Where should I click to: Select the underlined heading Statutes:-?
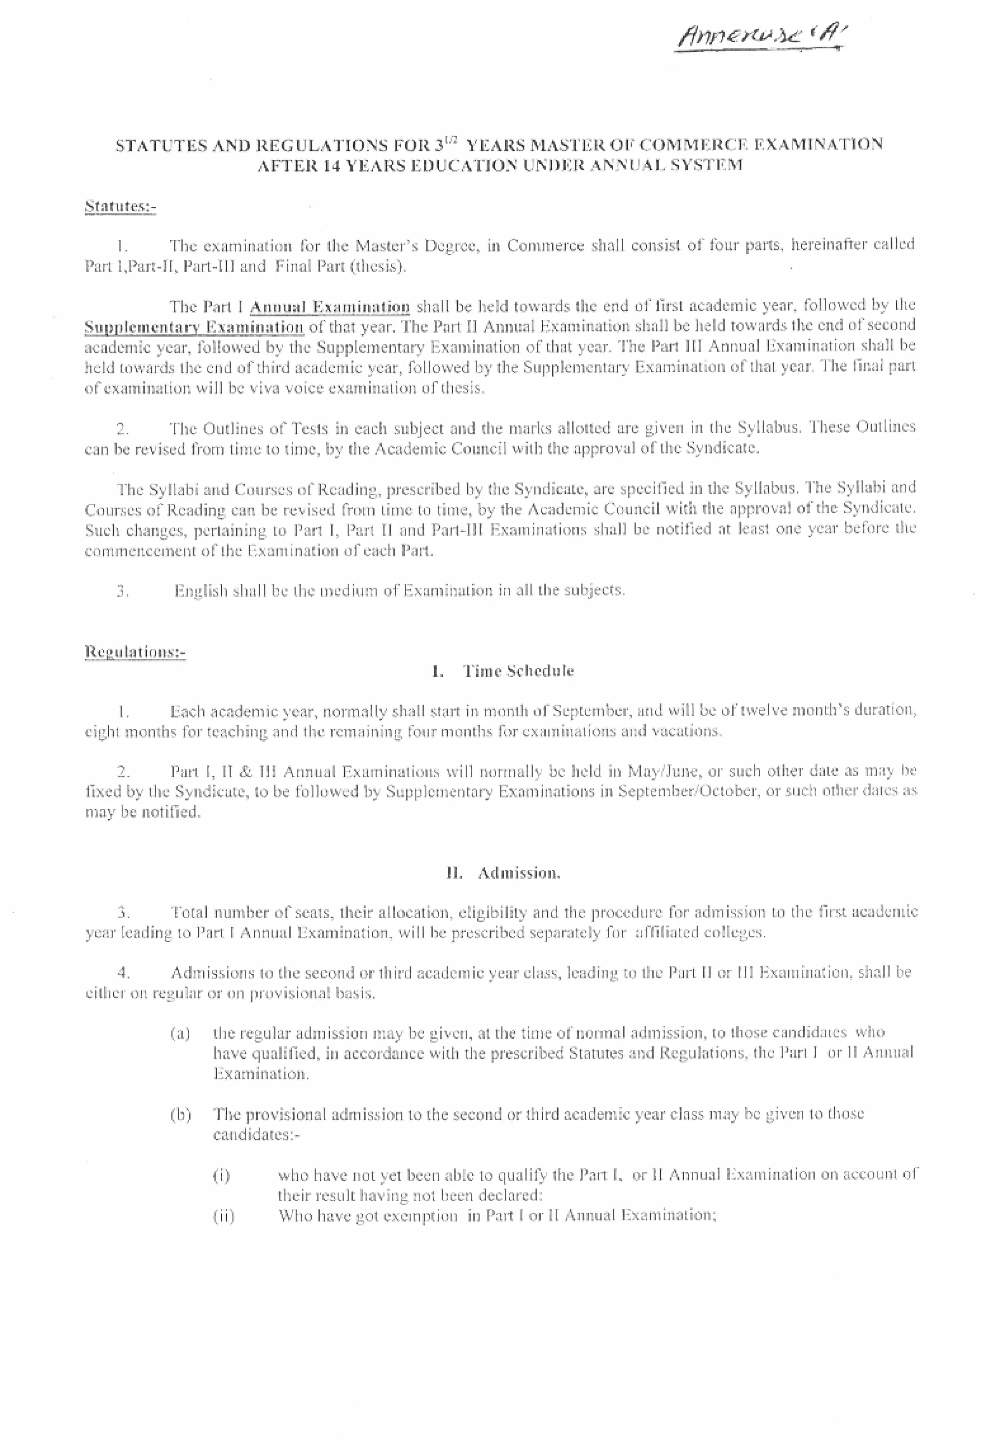(120, 206)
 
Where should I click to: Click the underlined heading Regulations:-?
(135, 652)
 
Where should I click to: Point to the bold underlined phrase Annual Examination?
(330, 307)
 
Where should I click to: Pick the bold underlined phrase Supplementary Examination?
(194, 328)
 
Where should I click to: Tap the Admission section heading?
(518, 873)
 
